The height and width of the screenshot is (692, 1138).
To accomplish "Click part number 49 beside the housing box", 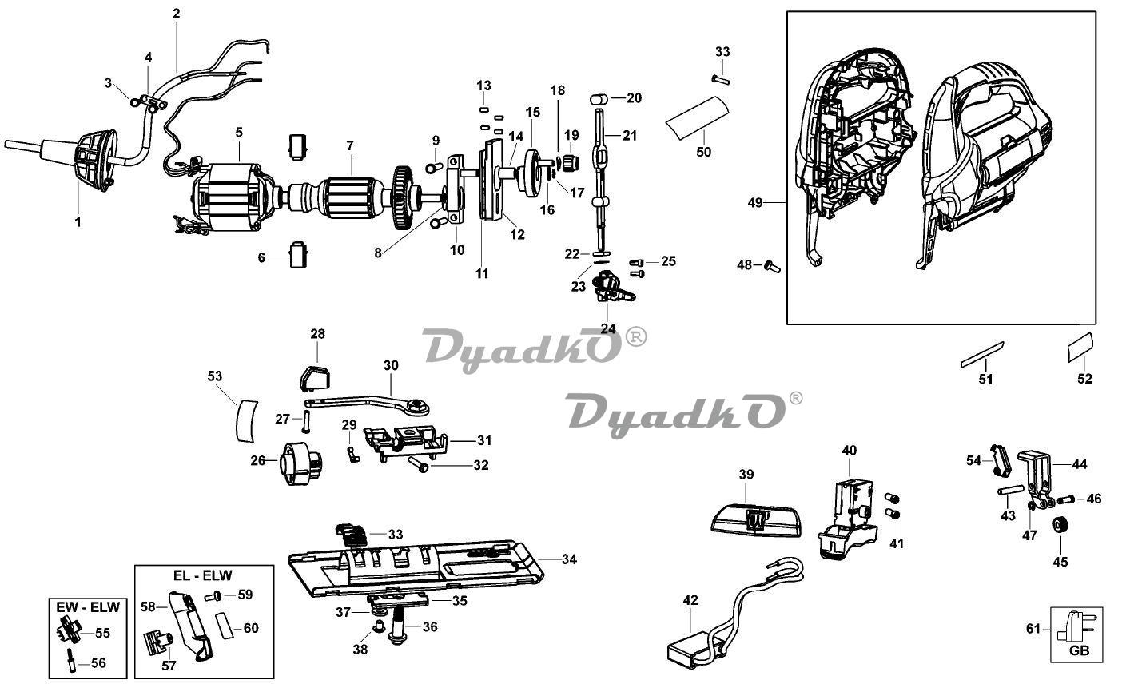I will click(755, 203).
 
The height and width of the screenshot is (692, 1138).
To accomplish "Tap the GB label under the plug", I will click(1079, 650).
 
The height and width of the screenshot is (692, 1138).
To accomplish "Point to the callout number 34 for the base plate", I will click(568, 559).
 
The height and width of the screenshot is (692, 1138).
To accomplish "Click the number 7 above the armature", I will click(349, 145).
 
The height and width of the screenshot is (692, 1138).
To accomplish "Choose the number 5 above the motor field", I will click(239, 132).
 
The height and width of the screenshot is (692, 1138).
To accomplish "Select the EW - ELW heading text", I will click(88, 606).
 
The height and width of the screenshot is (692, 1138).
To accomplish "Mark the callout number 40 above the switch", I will click(849, 451).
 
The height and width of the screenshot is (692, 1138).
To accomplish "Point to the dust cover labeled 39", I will click(755, 519).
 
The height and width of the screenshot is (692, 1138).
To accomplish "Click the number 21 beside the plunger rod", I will click(630, 136).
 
